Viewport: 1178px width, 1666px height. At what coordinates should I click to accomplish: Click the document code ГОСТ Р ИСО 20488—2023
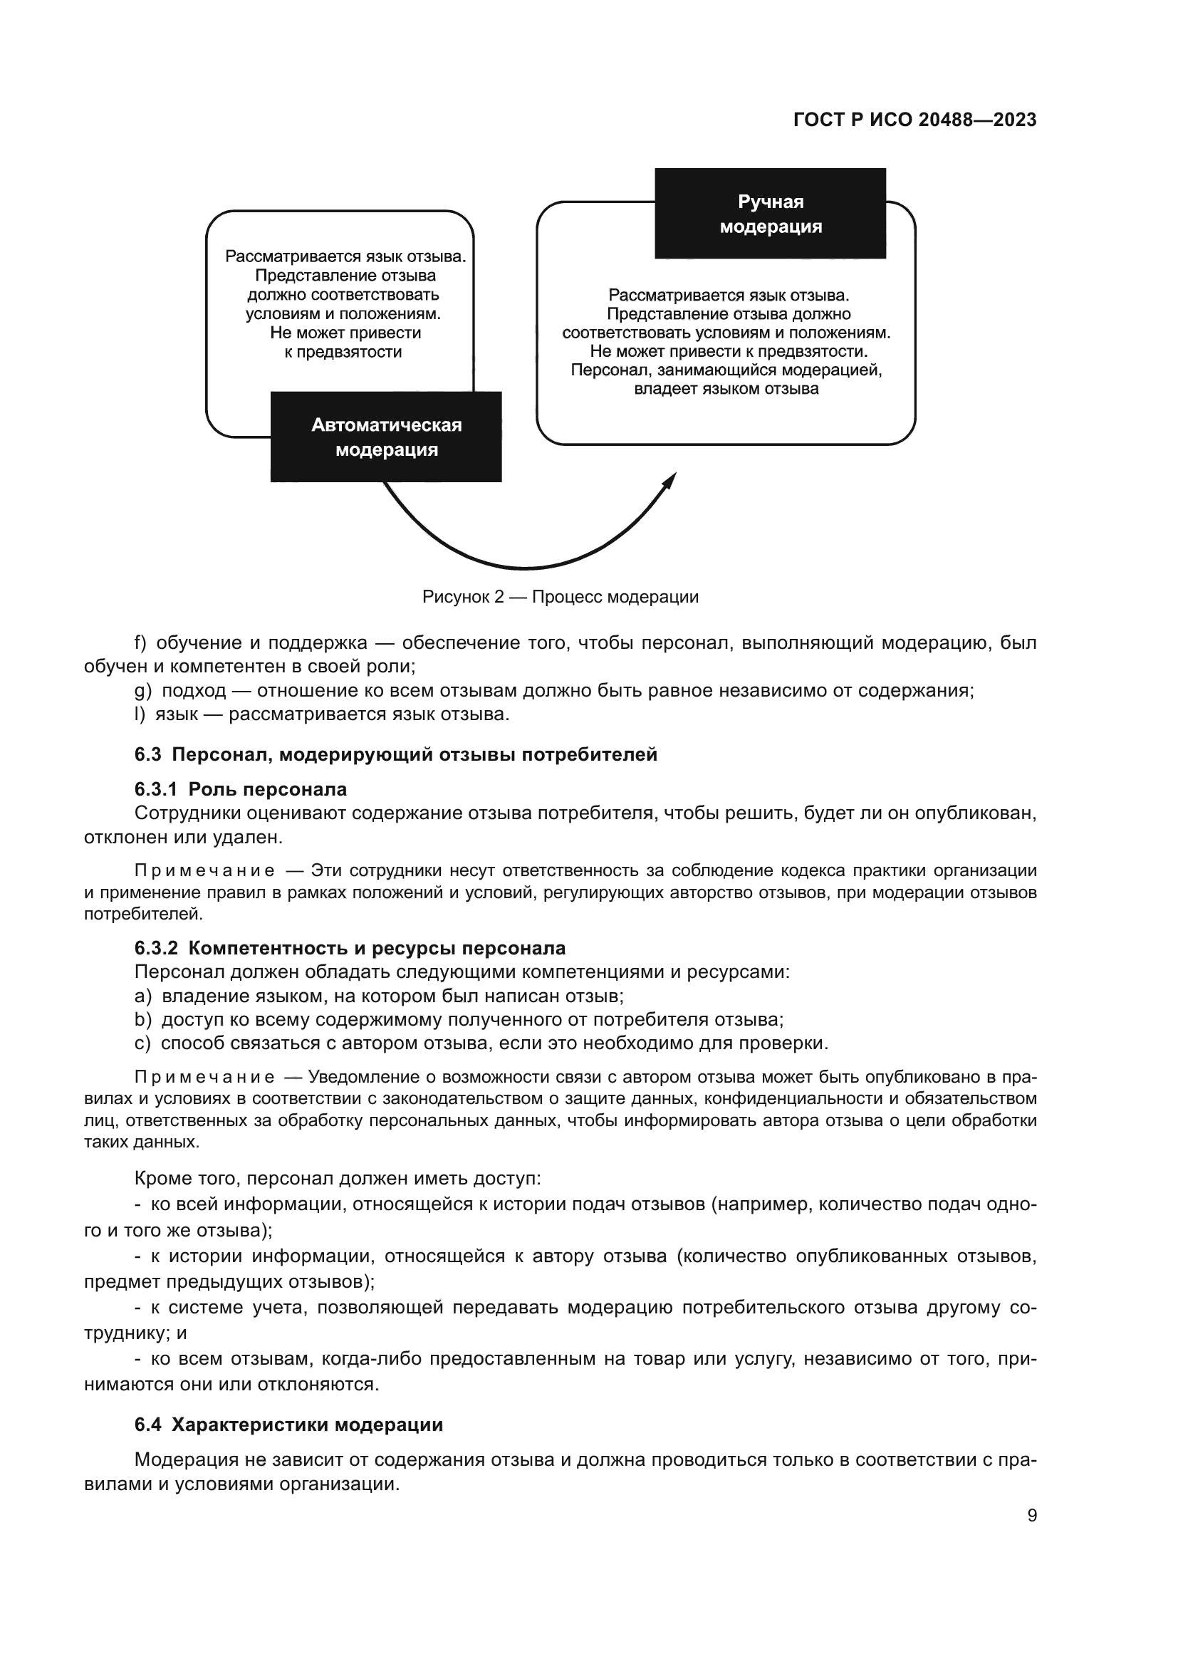coord(914,120)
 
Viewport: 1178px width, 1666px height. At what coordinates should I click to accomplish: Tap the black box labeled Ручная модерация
coord(770,214)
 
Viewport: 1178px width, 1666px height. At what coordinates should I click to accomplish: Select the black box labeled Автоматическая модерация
coord(386,437)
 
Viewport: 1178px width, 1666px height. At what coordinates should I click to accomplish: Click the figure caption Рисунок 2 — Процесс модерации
coord(560,597)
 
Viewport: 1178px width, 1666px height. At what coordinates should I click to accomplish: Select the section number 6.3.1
coord(155,789)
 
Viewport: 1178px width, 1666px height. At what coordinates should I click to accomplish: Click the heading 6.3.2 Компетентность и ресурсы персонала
coord(350,948)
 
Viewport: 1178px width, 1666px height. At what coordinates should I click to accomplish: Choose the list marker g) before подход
coord(143,691)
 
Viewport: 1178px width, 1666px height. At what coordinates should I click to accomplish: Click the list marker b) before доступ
coord(143,1019)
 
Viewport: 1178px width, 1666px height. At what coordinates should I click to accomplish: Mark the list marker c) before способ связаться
coord(143,1043)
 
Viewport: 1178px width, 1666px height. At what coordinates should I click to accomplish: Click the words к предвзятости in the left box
coord(343,353)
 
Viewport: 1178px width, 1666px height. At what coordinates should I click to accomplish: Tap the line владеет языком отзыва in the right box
coord(726,389)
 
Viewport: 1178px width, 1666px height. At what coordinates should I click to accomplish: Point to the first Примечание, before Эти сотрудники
coord(204,870)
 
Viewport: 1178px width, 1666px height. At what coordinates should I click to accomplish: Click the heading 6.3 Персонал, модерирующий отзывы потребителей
coord(395,754)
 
